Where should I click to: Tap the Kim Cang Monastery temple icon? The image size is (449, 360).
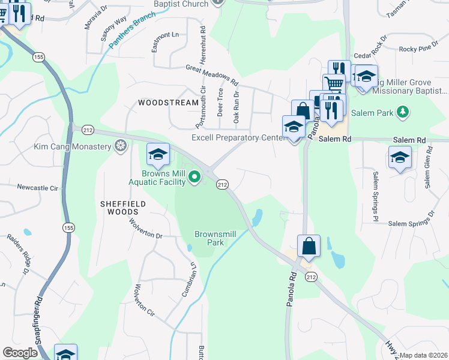tap(121, 146)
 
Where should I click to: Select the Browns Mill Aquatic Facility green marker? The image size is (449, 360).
tap(194, 176)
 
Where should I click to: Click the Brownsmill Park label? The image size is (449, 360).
tap(209, 238)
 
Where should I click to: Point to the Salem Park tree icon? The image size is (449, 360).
tap(404, 112)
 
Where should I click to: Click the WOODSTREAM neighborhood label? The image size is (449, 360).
tap(168, 103)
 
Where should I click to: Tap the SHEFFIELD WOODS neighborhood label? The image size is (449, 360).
tap(124, 208)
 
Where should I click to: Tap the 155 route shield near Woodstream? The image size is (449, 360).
tap(39, 57)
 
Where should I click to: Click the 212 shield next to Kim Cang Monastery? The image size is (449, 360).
tap(88, 129)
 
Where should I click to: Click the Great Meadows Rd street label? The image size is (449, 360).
tap(212, 75)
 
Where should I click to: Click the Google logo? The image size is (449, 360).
tap(20, 352)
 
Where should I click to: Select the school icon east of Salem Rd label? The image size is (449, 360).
tap(400, 158)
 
